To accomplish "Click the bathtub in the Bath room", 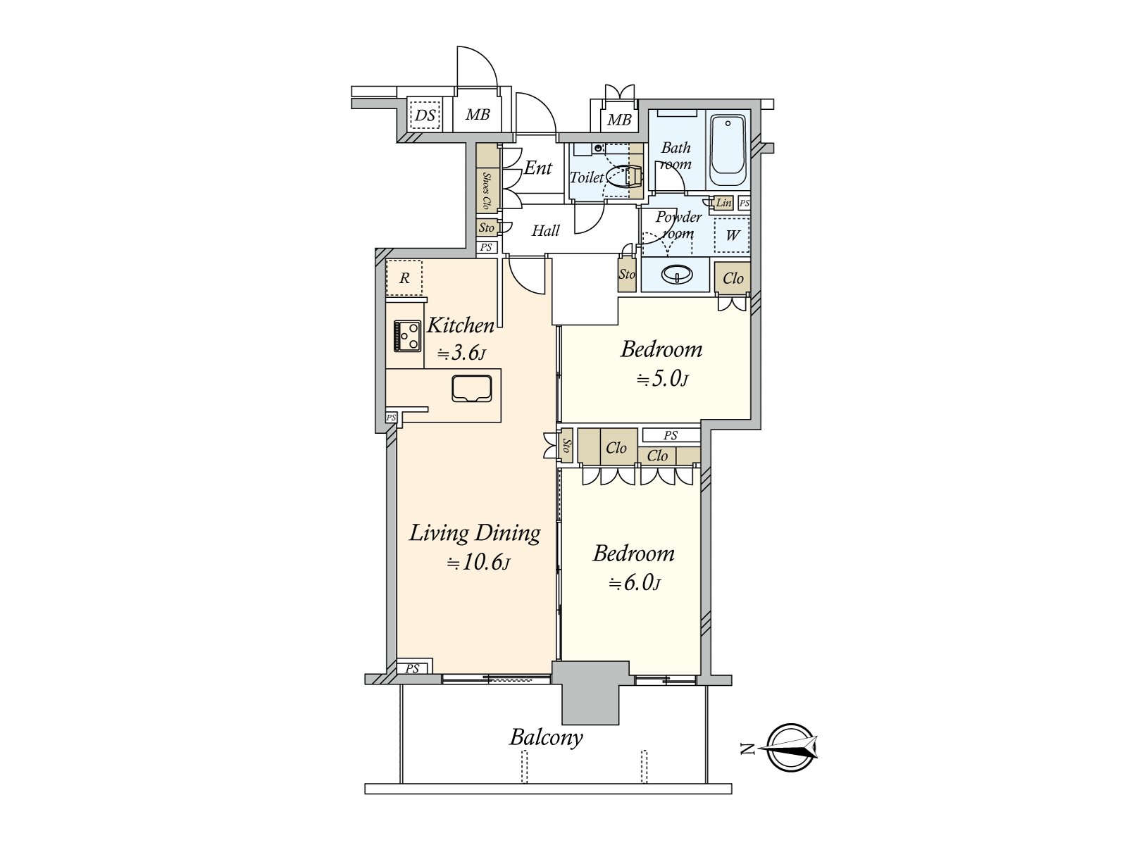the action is [728, 151].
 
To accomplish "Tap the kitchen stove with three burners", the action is [408, 336].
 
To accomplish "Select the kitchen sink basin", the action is [472, 389].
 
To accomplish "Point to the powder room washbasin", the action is [677, 275].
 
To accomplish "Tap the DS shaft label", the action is [425, 115].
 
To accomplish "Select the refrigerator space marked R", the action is [404, 278].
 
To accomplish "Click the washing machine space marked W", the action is [732, 235].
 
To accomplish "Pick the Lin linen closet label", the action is [723, 203].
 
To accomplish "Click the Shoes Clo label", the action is [486, 191].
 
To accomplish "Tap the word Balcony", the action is [546, 738].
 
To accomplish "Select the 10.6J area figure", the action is [478, 563].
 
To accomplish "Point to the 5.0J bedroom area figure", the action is [662, 379].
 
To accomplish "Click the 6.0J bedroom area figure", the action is [635, 583].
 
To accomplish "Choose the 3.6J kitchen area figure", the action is [461, 353].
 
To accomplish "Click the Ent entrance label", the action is [537, 168].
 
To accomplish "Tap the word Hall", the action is [545, 231].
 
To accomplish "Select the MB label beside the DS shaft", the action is [478, 114].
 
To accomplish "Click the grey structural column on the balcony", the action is [590, 693].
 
